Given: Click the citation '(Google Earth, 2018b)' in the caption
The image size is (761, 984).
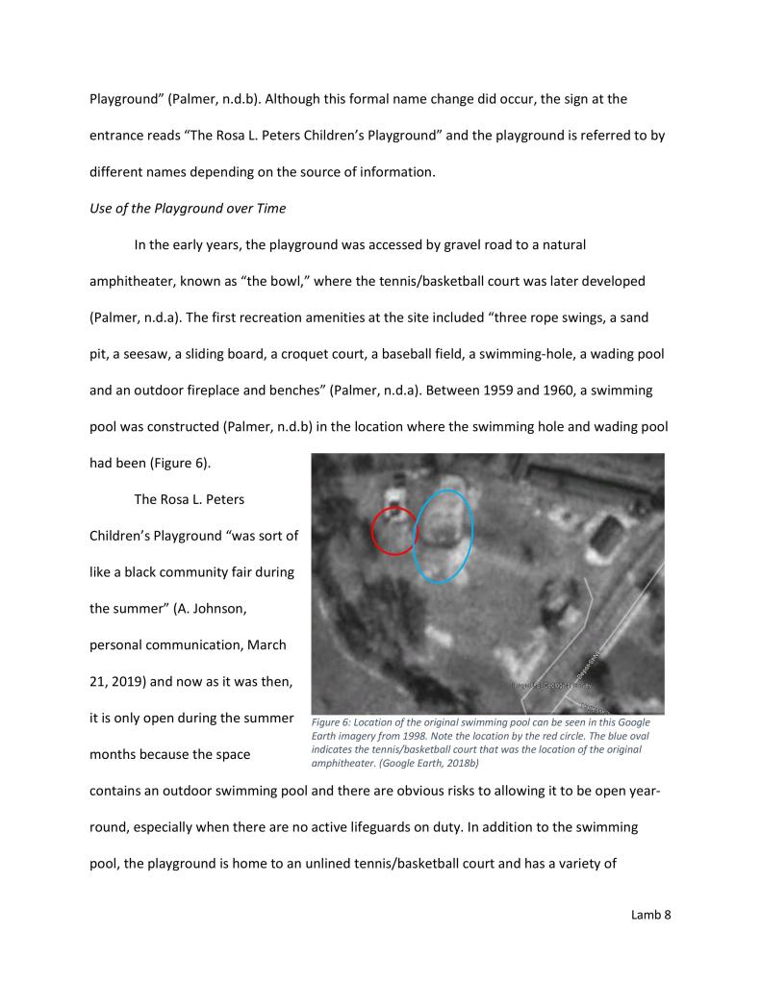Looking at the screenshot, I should (x=438, y=763).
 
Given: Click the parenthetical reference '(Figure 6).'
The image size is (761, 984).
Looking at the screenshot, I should (x=180, y=463).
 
